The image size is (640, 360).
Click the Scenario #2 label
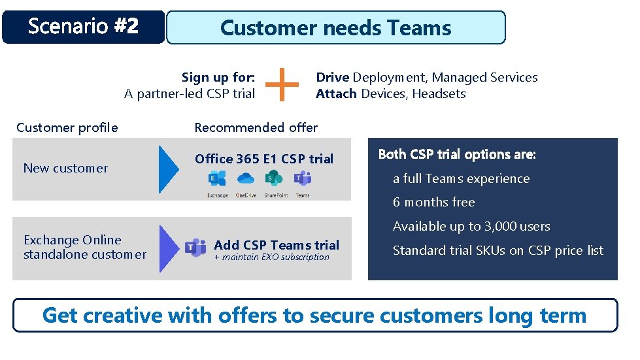(83, 27)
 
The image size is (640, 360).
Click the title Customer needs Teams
(335, 27)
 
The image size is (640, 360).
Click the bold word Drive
(333, 78)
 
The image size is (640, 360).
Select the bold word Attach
(336, 94)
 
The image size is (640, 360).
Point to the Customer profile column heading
(67, 127)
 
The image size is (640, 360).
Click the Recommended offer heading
(256, 127)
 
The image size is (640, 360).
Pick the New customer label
(65, 169)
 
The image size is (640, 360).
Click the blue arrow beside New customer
(169, 169)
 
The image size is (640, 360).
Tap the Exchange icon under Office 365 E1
(217, 178)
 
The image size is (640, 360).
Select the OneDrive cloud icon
(245, 178)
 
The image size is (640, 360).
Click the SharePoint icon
(274, 178)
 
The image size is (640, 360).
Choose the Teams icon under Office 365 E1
(302, 178)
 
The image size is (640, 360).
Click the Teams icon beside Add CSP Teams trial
(195, 248)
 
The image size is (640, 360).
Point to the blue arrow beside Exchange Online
(169, 248)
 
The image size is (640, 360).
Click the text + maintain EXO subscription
(271, 257)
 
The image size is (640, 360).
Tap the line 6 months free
(433, 203)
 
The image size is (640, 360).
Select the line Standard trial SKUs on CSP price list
(497, 251)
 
